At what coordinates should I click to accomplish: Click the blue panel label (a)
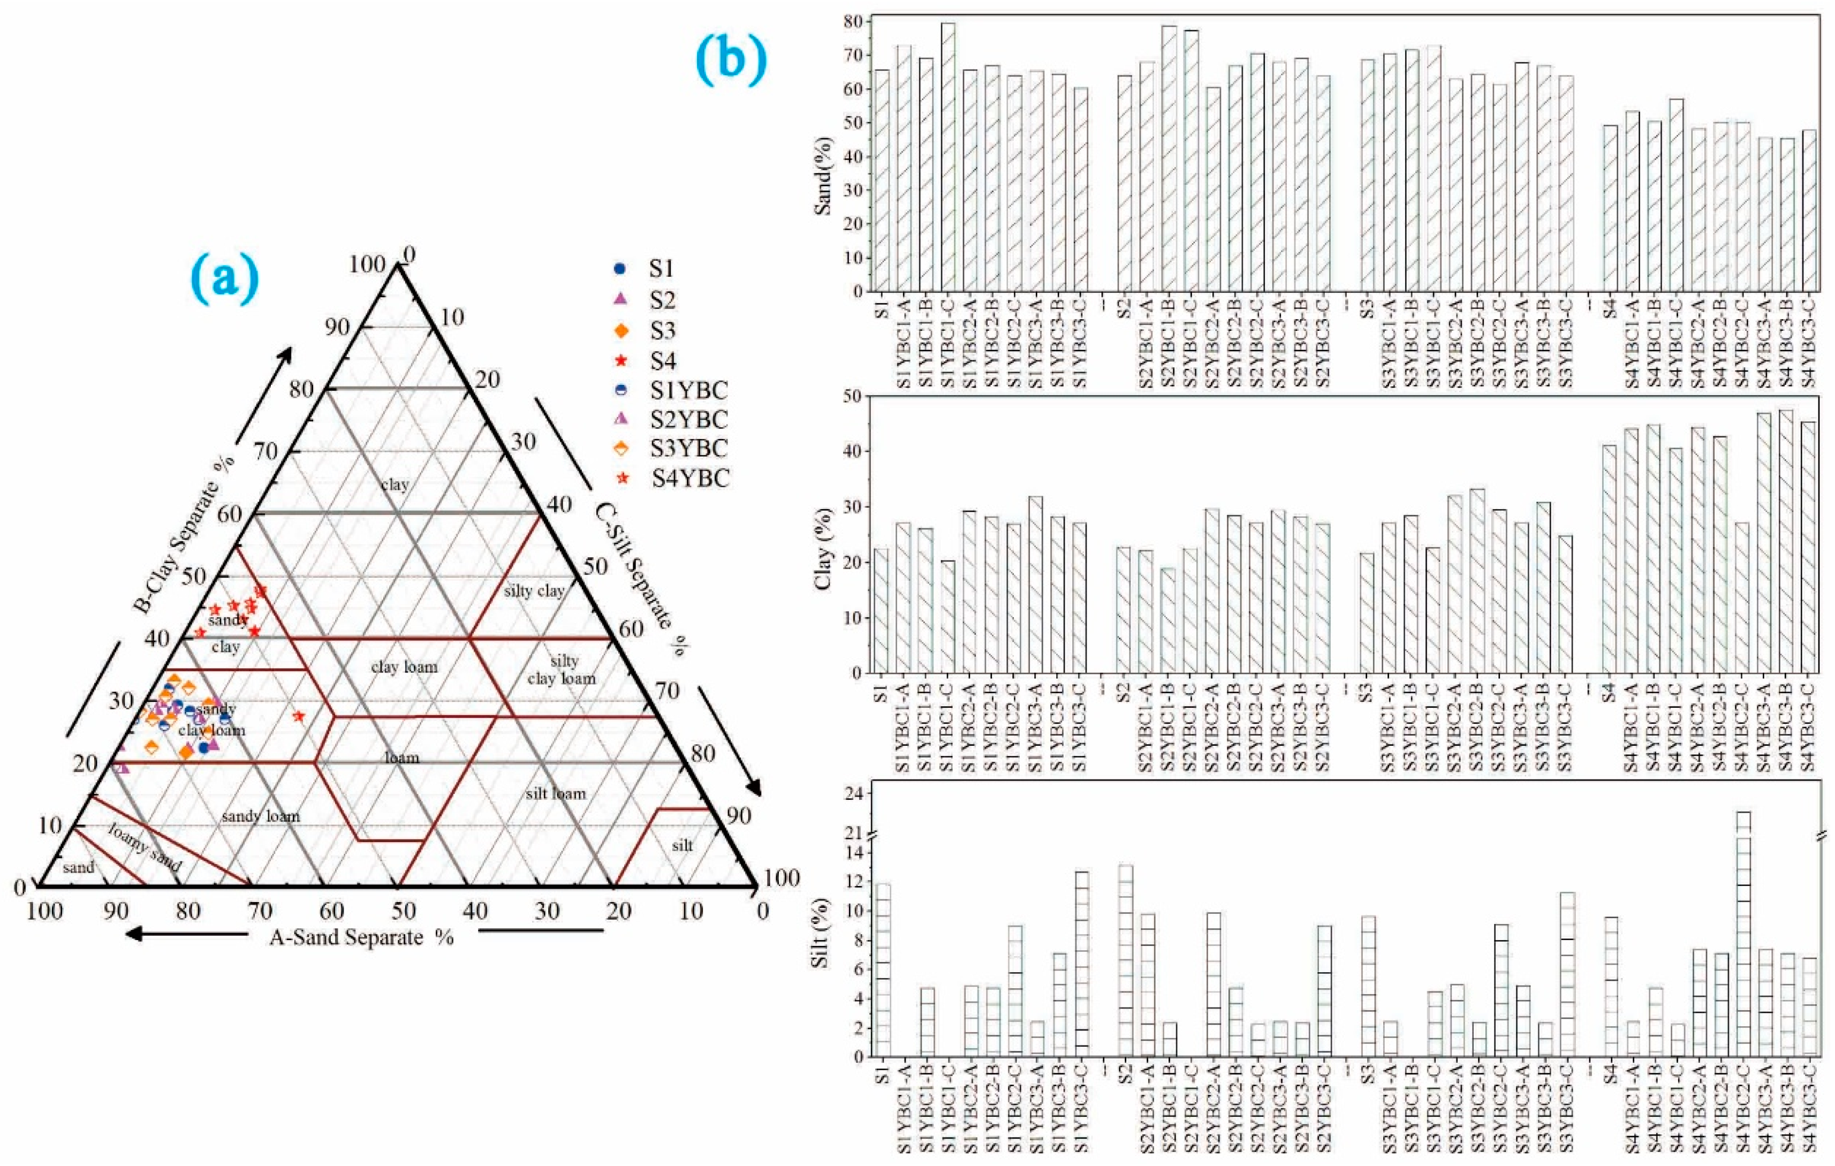[x=224, y=279]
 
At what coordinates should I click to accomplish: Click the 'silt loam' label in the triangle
[x=556, y=793]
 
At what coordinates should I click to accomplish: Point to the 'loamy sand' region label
[x=145, y=847]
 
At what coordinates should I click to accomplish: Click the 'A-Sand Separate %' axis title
[x=361, y=937]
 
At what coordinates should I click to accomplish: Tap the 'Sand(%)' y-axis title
[x=823, y=175]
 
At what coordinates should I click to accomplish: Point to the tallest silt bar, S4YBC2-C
[x=1741, y=937]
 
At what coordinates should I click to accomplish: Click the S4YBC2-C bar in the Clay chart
[x=1741, y=597]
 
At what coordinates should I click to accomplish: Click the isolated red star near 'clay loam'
[x=299, y=716]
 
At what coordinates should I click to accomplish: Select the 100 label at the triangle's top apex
[x=367, y=264]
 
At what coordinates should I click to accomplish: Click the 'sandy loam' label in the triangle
[x=261, y=816]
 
